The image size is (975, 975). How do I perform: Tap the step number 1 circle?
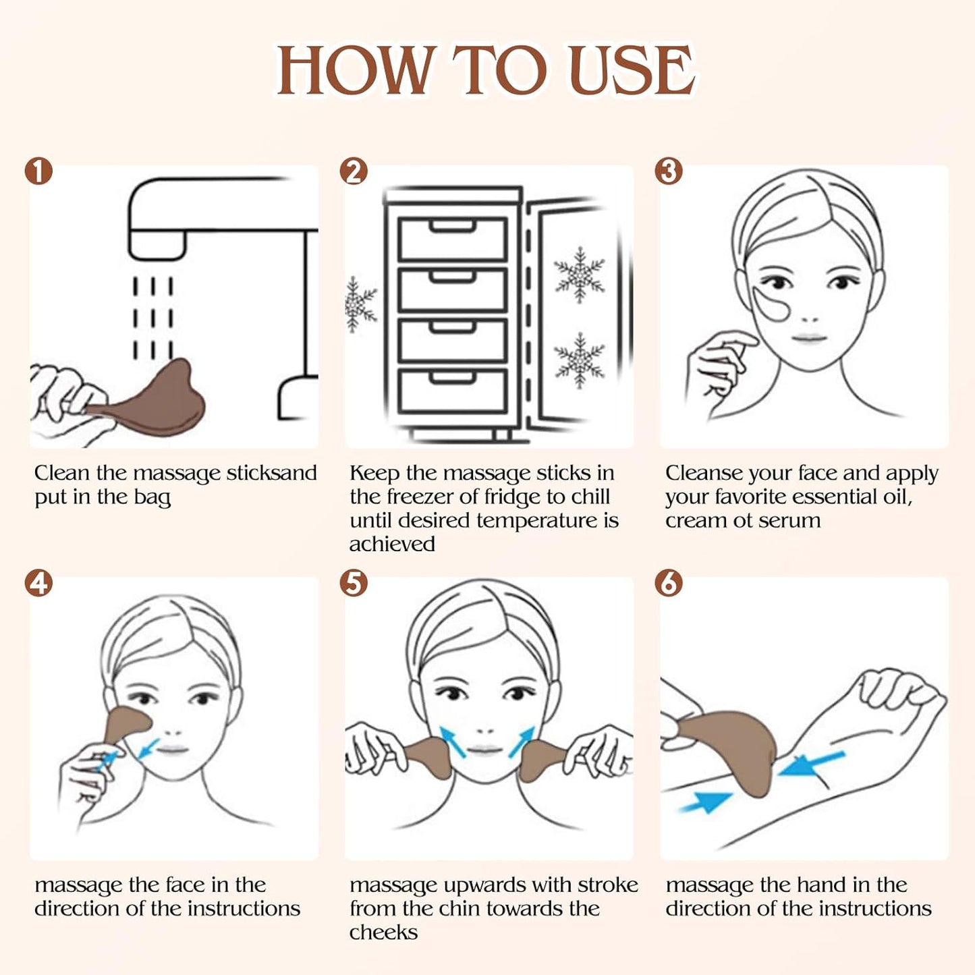tap(38, 171)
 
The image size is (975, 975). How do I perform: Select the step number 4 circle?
tap(38, 583)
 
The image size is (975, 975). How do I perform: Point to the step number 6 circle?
tap(669, 583)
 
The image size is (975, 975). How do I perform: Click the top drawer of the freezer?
tap(452, 239)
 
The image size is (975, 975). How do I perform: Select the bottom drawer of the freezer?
tap(452, 391)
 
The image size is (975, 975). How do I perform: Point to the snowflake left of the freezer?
tap(359, 304)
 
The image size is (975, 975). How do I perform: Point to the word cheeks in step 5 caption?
tap(383, 932)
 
